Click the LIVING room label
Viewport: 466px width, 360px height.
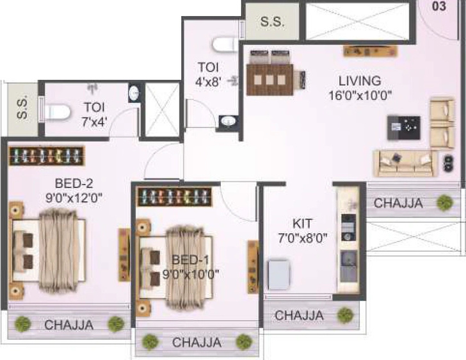(360, 81)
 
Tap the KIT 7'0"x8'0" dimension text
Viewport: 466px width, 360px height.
(303, 238)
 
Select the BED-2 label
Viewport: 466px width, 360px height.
(74, 183)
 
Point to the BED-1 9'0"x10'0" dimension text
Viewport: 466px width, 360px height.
(191, 274)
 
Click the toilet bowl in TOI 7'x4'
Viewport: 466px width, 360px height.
(58, 113)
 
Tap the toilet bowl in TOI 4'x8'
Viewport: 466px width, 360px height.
(225, 45)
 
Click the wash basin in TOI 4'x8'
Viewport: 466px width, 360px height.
(228, 122)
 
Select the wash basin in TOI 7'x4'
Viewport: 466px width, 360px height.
(134, 93)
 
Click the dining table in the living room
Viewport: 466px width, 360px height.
(270, 79)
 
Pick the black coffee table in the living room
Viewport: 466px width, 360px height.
(403, 127)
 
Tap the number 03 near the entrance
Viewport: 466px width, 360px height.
(439, 6)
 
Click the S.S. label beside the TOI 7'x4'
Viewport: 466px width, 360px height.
(22, 108)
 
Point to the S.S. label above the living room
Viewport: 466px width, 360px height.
(272, 22)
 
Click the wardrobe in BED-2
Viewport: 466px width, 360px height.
(47, 156)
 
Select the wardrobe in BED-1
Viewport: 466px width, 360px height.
(175, 197)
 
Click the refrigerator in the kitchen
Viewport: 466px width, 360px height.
(279, 275)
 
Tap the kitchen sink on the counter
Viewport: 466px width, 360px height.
(348, 266)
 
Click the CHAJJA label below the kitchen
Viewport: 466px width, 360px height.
(300, 315)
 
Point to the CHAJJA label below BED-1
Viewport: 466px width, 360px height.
(197, 343)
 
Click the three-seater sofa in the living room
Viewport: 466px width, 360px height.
(405, 163)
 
